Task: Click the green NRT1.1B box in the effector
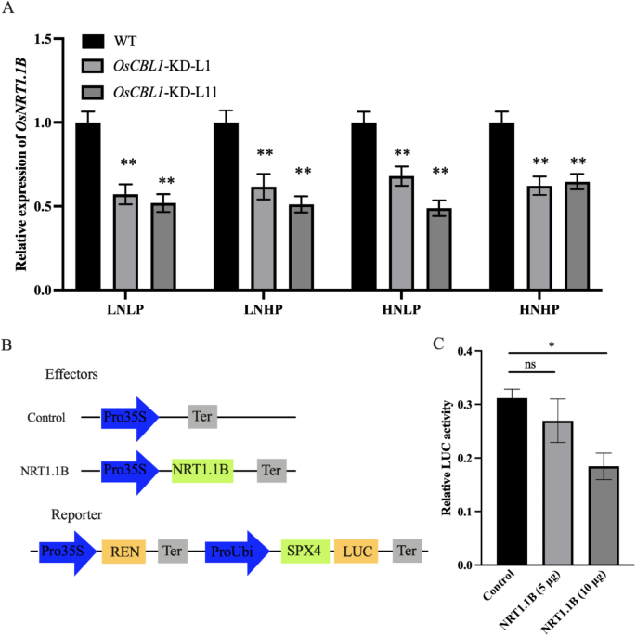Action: (x=201, y=472)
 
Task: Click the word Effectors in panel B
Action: (x=71, y=376)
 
